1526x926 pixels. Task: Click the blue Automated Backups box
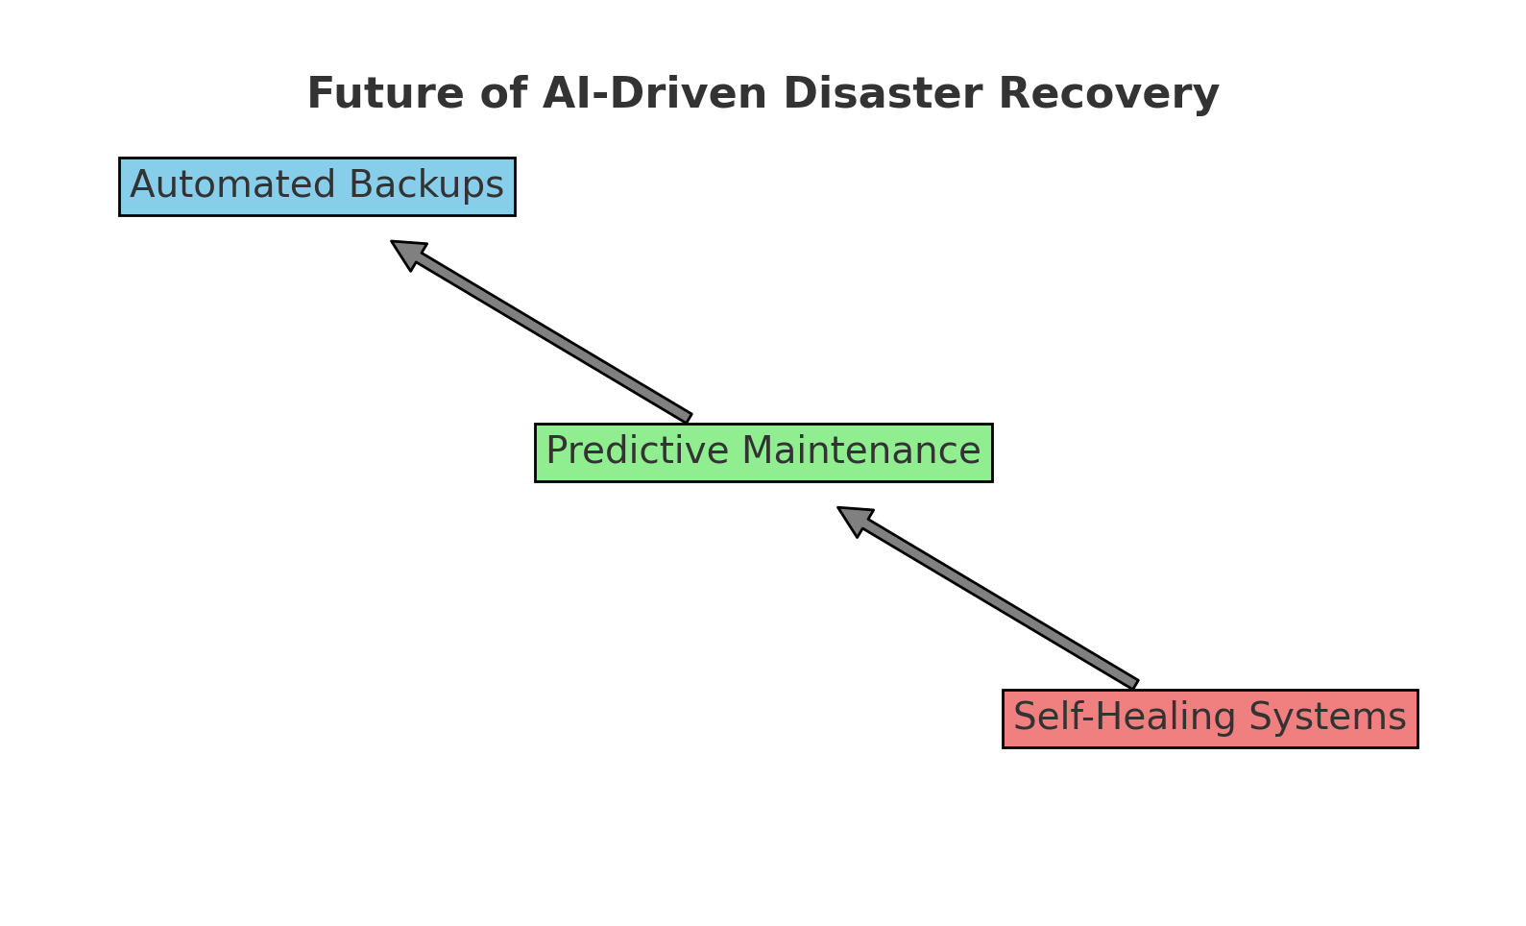318,186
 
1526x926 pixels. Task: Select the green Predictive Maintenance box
763,452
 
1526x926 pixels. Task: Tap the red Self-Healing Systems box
1211,719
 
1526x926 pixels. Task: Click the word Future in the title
386,93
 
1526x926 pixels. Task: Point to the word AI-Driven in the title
655,93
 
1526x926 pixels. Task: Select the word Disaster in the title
883,93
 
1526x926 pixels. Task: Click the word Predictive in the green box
638,451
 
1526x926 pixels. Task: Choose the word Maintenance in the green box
861,451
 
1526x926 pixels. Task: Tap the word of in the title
503,93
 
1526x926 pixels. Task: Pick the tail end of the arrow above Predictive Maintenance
689,418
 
